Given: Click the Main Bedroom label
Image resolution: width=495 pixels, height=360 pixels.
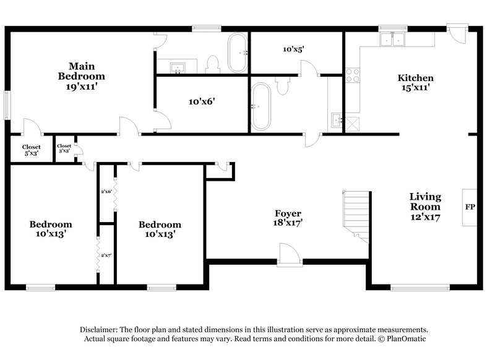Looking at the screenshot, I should [x=81, y=71].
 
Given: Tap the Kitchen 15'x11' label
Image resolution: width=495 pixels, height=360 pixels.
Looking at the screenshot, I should [x=415, y=83].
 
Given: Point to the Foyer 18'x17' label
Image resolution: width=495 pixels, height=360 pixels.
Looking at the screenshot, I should [x=288, y=218].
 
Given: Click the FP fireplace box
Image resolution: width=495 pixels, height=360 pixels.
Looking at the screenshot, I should [x=470, y=206].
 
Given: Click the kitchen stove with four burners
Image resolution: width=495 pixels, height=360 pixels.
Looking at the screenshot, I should [x=353, y=75].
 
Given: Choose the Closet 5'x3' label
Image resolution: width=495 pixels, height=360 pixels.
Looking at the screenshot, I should [x=31, y=150].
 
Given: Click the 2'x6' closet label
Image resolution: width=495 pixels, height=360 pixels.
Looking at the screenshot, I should [x=106, y=192].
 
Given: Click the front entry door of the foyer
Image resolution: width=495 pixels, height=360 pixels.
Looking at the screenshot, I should [x=288, y=254].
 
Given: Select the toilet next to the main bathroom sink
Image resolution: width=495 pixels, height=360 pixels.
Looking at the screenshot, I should [x=212, y=63].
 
